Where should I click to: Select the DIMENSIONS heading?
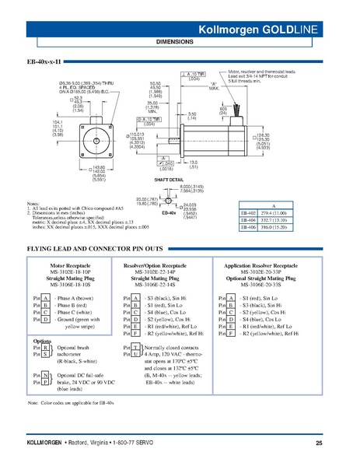(180, 42)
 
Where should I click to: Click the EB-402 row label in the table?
(250, 212)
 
